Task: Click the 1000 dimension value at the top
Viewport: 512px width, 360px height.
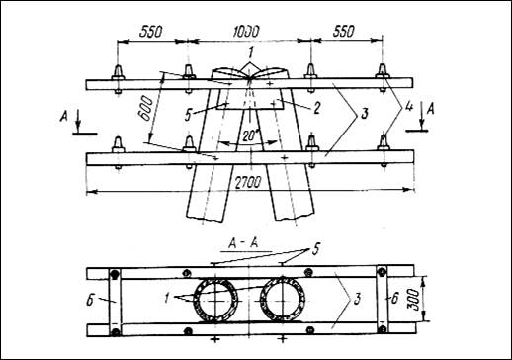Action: [246, 32]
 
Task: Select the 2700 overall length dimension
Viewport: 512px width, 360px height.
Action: [249, 182]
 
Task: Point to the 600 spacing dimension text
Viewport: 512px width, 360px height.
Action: [146, 110]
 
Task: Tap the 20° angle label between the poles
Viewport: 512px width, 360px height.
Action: [250, 135]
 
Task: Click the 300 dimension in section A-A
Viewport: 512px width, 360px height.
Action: [415, 300]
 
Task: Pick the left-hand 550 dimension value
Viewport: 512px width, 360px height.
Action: [151, 32]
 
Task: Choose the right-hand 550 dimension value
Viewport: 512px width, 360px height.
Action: [343, 32]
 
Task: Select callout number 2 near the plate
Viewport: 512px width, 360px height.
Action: [316, 108]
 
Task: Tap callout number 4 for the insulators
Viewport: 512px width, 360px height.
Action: [408, 108]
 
